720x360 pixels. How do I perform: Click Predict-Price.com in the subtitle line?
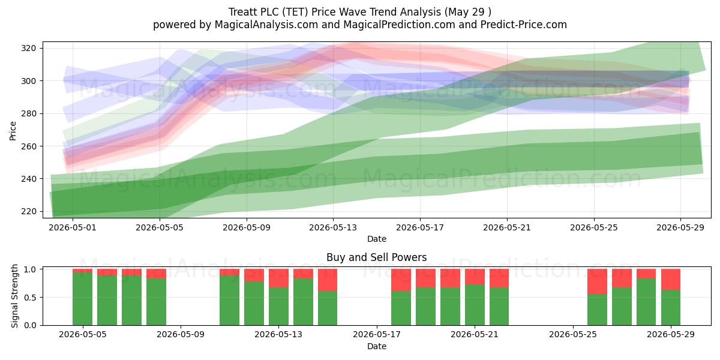click(x=524, y=25)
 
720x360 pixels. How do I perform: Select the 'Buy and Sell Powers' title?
click(x=376, y=257)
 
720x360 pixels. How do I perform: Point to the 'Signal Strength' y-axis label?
click(x=14, y=296)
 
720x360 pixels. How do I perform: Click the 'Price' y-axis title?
click(x=13, y=131)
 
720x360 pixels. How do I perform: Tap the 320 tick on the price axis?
click(x=28, y=48)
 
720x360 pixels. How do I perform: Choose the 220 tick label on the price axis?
click(x=28, y=211)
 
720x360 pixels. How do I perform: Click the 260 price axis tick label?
click(x=28, y=146)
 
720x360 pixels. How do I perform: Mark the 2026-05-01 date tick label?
click(x=73, y=227)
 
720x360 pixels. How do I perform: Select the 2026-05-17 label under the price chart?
click(x=420, y=227)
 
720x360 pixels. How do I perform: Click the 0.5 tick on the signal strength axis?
click(x=31, y=298)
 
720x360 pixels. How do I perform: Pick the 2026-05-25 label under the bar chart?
click(x=573, y=334)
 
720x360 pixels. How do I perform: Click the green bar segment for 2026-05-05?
click(x=82, y=299)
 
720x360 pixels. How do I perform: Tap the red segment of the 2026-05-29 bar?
click(x=671, y=280)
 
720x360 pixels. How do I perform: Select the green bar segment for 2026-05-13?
click(x=278, y=307)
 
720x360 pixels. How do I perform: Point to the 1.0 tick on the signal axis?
click(x=31, y=269)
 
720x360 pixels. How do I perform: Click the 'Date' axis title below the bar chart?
click(x=377, y=346)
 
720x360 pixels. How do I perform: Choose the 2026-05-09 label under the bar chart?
click(x=181, y=334)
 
